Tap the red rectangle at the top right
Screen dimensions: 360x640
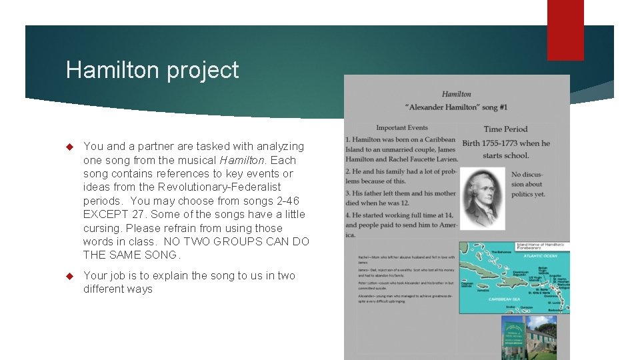click(x=565, y=29)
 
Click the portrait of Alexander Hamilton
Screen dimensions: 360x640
click(x=483, y=197)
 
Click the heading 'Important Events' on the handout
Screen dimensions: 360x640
click(x=402, y=128)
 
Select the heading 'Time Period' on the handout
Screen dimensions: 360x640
click(x=505, y=129)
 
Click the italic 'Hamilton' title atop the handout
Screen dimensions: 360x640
click(x=456, y=94)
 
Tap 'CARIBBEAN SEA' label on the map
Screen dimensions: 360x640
click(x=508, y=299)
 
